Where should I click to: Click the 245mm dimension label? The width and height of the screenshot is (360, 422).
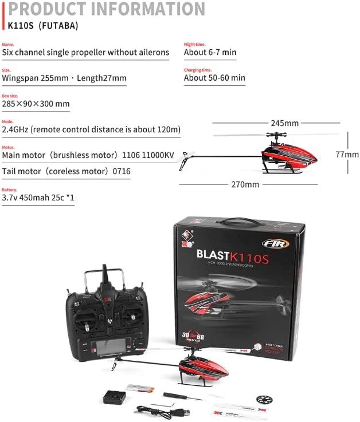[284, 123]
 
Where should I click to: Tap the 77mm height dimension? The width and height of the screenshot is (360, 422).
[347, 154]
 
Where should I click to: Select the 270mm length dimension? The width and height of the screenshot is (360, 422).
[245, 184]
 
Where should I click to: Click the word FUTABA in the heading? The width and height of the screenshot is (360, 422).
[56, 26]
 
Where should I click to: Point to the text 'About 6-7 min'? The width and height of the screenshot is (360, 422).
[210, 52]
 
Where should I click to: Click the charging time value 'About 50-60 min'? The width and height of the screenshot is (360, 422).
[214, 78]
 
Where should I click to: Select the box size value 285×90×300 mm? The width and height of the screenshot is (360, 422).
[36, 104]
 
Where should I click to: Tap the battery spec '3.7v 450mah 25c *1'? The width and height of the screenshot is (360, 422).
[38, 198]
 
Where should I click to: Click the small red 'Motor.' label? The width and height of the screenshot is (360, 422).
[7, 147]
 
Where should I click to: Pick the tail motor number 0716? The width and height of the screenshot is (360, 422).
[122, 171]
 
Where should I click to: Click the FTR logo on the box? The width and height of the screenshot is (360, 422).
[275, 243]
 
